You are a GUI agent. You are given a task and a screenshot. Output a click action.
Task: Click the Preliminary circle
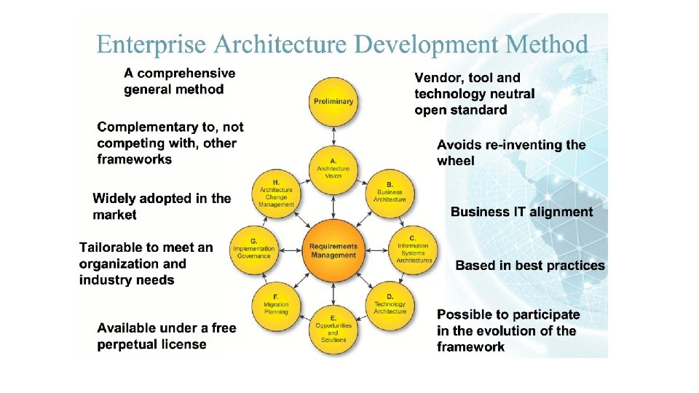point(333,101)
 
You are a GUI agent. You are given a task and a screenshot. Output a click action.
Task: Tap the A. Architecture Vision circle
point(333,170)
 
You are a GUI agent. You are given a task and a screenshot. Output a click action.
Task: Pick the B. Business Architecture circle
point(390,191)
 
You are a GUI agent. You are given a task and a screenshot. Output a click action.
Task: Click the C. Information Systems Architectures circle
point(413,249)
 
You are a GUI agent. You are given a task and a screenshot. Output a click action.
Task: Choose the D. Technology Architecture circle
point(390,305)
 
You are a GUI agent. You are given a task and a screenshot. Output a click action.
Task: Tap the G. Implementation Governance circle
point(253,250)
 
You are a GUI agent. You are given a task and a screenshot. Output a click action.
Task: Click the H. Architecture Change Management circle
point(277,193)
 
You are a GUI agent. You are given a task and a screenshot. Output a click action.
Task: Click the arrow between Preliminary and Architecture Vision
point(333,135)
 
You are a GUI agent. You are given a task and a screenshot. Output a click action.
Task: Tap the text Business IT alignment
point(521,212)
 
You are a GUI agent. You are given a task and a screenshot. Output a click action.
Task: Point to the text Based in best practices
point(529,266)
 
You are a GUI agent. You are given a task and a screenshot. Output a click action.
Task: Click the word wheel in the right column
point(456,161)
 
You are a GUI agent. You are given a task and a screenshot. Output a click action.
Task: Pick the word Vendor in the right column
point(438,78)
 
